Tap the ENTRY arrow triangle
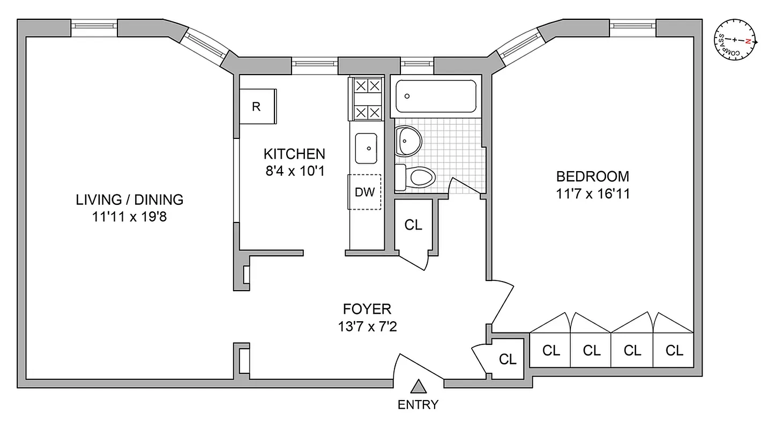pos(418,387)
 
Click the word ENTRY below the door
pos(418,405)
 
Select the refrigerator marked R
pos(257,107)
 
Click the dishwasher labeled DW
pos(364,192)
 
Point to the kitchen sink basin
pos(367,148)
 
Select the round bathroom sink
pos(407,140)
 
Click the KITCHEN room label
pos(294,154)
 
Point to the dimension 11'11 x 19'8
pos(129,218)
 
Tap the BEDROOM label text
pos(592,176)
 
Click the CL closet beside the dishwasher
pos(413,225)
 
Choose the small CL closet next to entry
pos(508,359)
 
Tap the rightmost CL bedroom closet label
pos(674,351)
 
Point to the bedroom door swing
pos(503,303)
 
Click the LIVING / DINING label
pos(129,200)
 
